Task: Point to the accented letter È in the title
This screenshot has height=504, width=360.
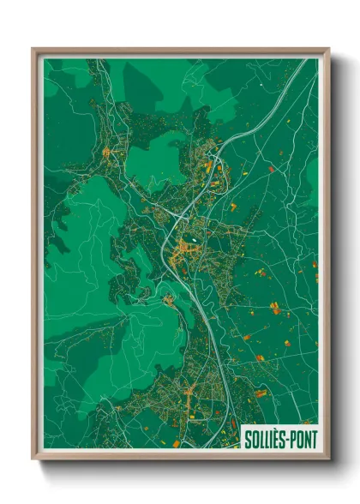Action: (x=275, y=440)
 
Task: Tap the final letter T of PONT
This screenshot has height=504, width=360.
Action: (x=314, y=440)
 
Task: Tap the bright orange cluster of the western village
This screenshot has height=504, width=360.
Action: (x=106, y=153)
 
